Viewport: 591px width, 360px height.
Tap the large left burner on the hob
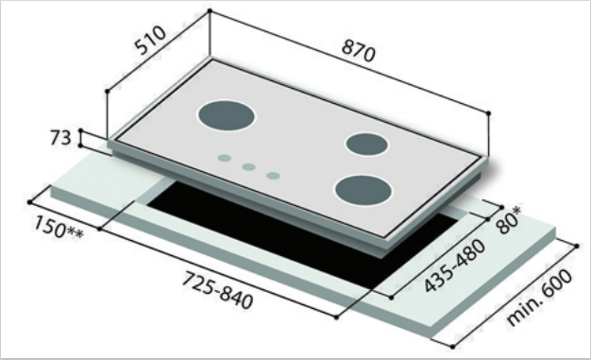[227, 117]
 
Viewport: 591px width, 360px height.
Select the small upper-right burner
[367, 144]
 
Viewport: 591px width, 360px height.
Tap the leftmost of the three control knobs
[225, 159]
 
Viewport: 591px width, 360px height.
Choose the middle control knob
[248, 167]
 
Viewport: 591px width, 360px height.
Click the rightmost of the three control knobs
[272, 176]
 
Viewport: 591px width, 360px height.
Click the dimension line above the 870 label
[349, 61]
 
